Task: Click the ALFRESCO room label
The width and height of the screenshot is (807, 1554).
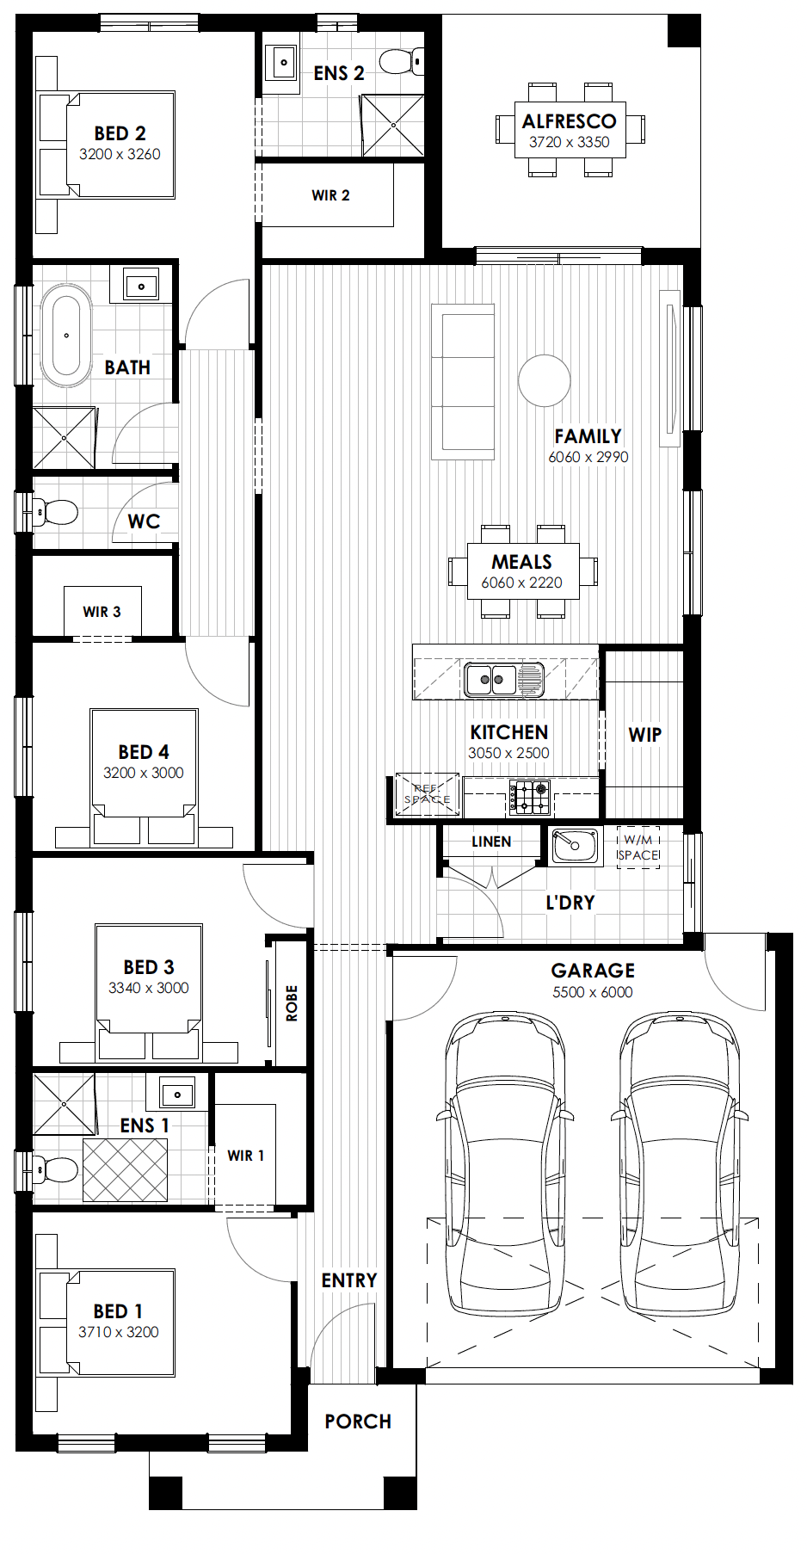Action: click(569, 121)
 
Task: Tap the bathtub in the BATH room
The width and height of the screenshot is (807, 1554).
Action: click(66, 336)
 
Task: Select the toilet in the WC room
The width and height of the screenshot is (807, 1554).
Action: click(53, 513)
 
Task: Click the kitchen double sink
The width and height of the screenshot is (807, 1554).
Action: click(504, 679)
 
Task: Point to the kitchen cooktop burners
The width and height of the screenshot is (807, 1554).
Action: click(529, 798)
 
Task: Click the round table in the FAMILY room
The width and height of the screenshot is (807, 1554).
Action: click(545, 380)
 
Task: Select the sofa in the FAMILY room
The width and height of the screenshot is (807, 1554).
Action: click(463, 382)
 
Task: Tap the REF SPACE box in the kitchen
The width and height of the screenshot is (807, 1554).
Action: click(427, 794)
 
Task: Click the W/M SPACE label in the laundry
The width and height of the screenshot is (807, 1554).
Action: click(638, 848)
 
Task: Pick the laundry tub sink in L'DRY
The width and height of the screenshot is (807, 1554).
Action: click(575, 845)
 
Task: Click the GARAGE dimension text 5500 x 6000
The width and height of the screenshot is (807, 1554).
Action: click(593, 992)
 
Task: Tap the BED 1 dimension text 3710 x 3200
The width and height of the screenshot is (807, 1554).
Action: click(119, 1332)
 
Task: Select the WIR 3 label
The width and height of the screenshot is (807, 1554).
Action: click(102, 612)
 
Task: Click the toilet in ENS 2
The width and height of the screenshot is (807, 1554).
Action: click(401, 62)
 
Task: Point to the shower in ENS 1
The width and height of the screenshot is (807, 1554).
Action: click(64, 1104)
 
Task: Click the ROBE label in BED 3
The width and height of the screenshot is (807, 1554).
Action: click(292, 1003)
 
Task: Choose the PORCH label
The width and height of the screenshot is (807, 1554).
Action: click(358, 1421)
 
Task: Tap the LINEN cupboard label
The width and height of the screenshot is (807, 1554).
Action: click(491, 842)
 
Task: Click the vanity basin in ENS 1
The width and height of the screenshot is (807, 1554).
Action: click(177, 1095)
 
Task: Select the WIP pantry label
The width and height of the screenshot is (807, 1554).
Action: click(645, 735)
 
